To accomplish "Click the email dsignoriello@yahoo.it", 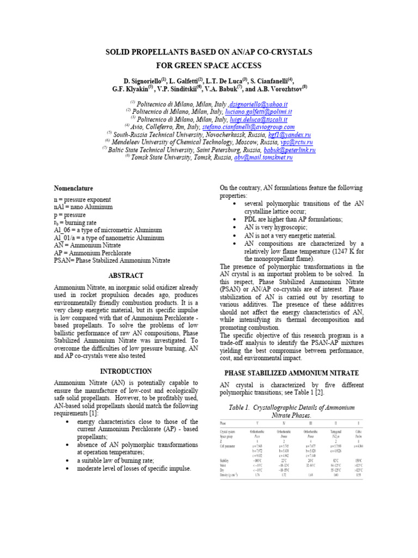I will (259, 104).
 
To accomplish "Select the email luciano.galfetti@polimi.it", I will (263, 111).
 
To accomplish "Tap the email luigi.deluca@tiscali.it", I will (259, 119).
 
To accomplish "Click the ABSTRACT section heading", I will (126, 276).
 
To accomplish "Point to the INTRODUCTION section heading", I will (126, 371).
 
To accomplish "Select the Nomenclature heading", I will (73, 188).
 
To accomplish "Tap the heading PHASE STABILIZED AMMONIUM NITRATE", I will (292, 373).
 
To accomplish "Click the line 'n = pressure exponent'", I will (82, 200).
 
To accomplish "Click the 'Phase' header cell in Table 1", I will (223, 422).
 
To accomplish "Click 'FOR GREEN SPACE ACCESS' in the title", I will (208, 65).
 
